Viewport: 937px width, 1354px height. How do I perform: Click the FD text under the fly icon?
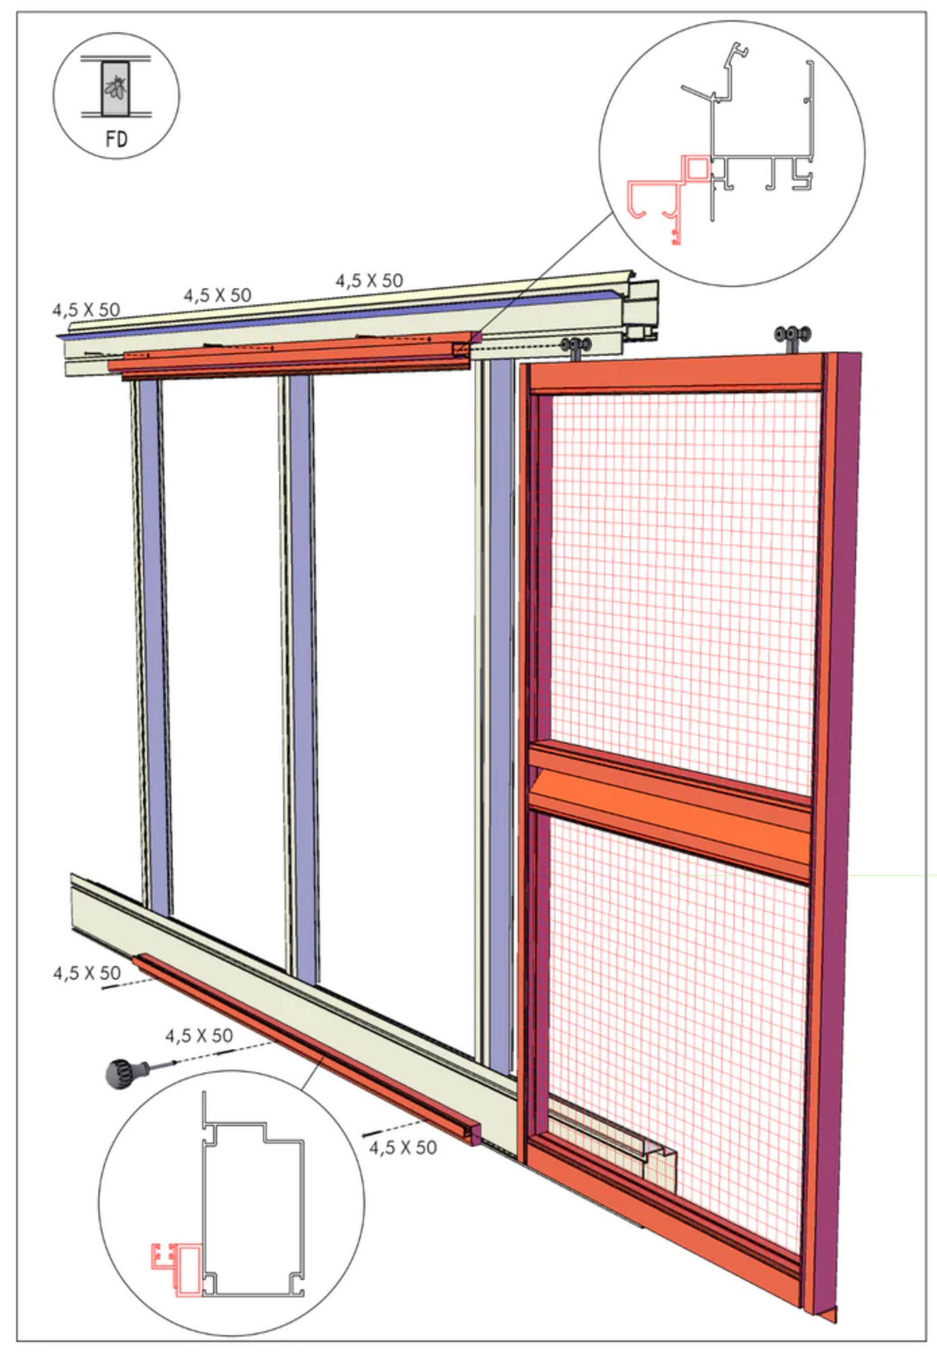point(117,139)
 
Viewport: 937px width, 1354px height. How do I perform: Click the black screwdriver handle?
point(122,1070)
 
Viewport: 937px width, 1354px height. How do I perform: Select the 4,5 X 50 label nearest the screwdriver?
point(200,1035)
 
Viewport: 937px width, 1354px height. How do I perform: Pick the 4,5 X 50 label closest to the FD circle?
point(86,310)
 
